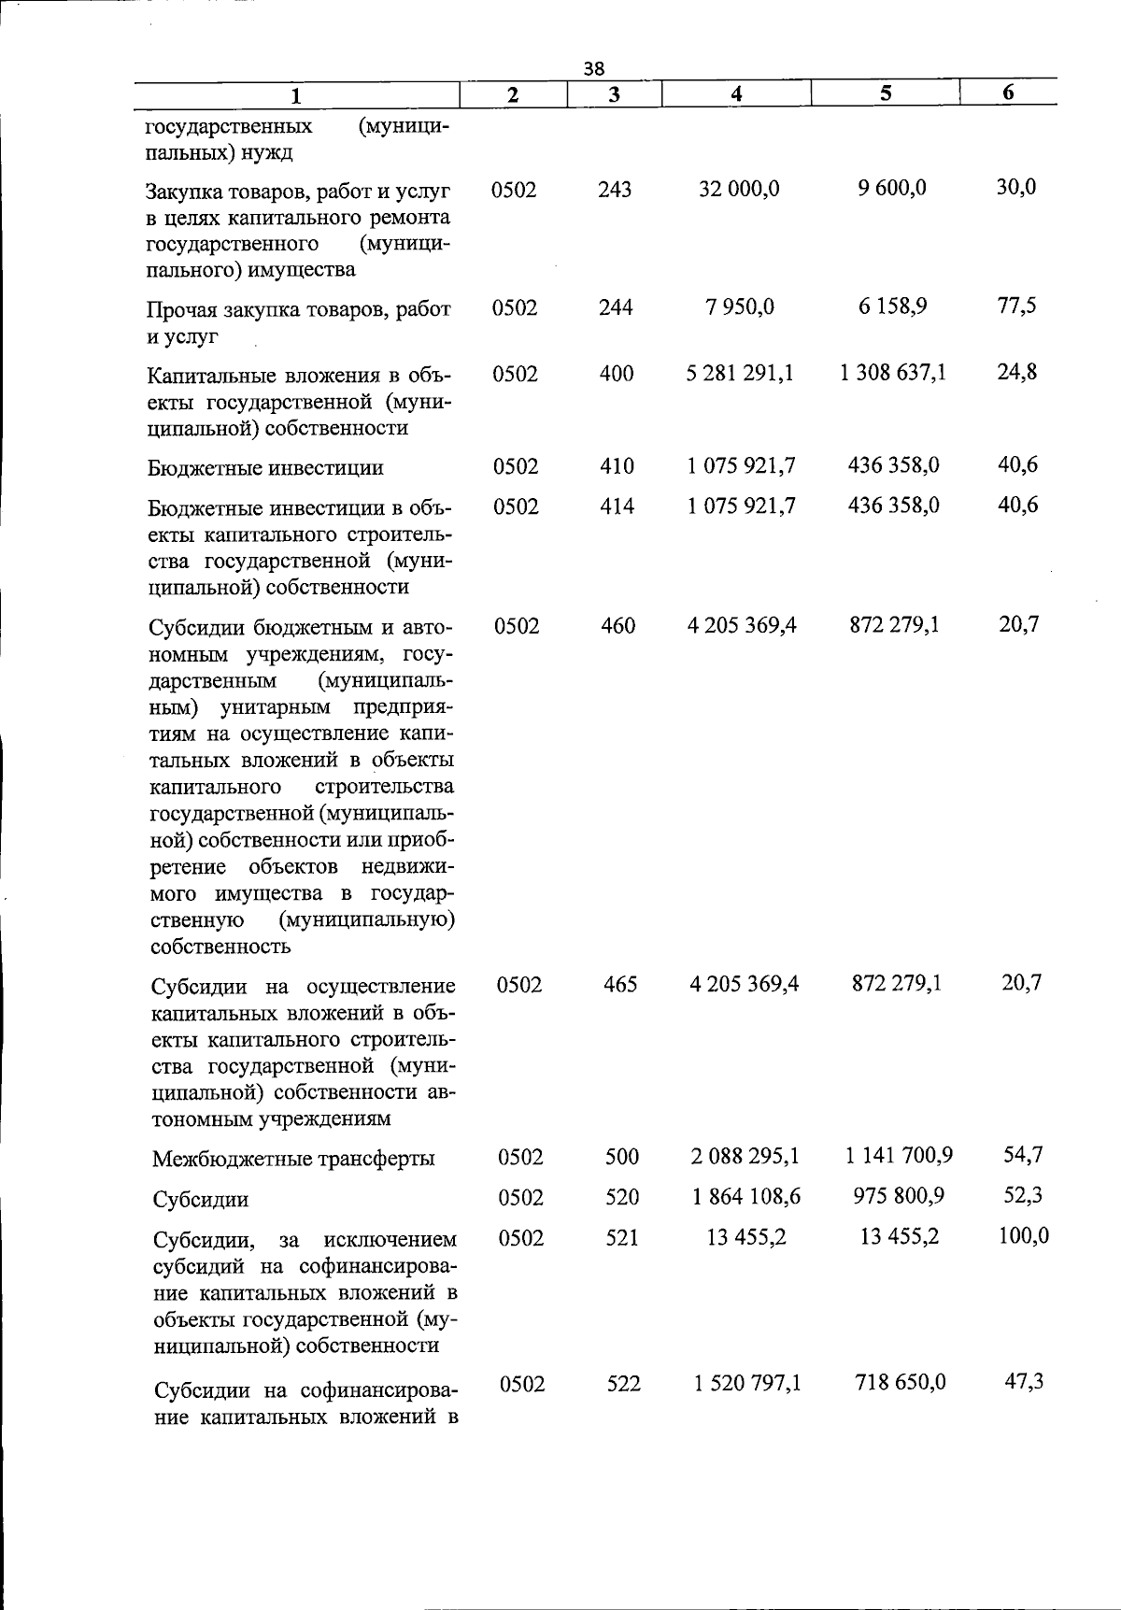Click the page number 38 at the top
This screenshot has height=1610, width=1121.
point(594,68)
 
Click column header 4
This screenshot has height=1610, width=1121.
point(737,93)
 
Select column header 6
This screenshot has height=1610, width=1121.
point(1008,93)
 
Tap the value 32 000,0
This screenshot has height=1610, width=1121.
point(740,189)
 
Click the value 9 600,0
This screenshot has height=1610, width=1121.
point(892,188)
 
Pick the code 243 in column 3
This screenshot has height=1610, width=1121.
point(615,190)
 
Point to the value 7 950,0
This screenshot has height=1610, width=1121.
point(740,306)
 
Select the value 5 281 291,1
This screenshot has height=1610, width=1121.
point(740,373)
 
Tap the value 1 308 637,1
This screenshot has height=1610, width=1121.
point(893,372)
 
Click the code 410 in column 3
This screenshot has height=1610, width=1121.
point(617,465)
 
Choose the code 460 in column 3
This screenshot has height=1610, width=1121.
point(618,625)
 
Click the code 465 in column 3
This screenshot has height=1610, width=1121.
point(620,984)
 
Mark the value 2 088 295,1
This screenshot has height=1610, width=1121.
point(745,1156)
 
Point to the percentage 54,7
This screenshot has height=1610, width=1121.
point(1023,1154)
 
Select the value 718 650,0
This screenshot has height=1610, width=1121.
point(900,1381)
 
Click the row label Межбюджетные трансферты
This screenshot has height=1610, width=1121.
point(293,1159)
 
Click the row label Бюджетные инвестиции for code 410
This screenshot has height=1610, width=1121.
point(265,468)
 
